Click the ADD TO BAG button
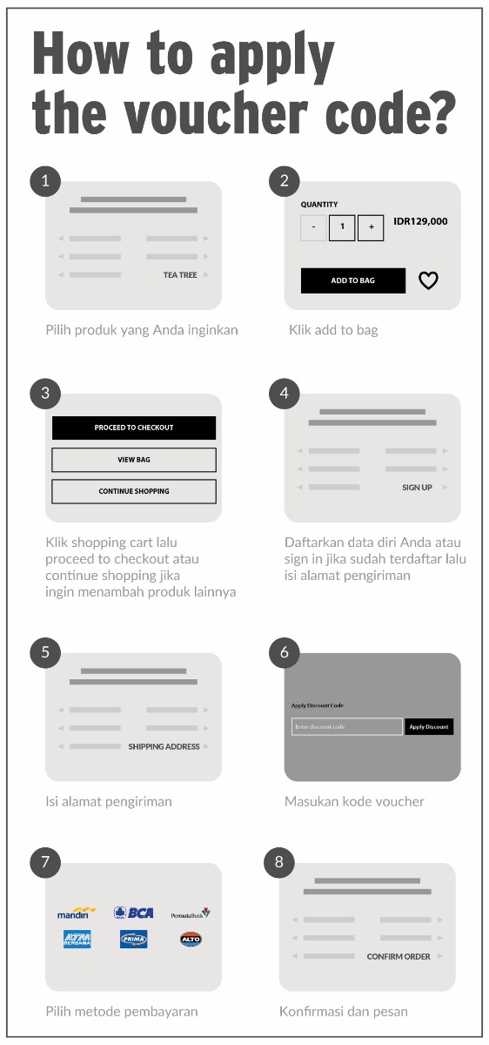[352, 280]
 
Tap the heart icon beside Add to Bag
[428, 280]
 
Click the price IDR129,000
[420, 221]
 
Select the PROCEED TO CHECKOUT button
[134, 428]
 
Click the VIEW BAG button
[134, 460]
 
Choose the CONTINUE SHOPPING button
[134, 491]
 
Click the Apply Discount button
[428, 726]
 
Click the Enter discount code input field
[346, 726]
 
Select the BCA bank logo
[133, 912]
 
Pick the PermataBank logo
[190, 914]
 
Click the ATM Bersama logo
[77, 940]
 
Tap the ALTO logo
[191, 940]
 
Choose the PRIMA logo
[133, 940]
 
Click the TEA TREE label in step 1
[180, 275]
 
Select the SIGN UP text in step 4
[417, 488]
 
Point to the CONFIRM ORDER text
[399, 956]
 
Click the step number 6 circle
[284, 652]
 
